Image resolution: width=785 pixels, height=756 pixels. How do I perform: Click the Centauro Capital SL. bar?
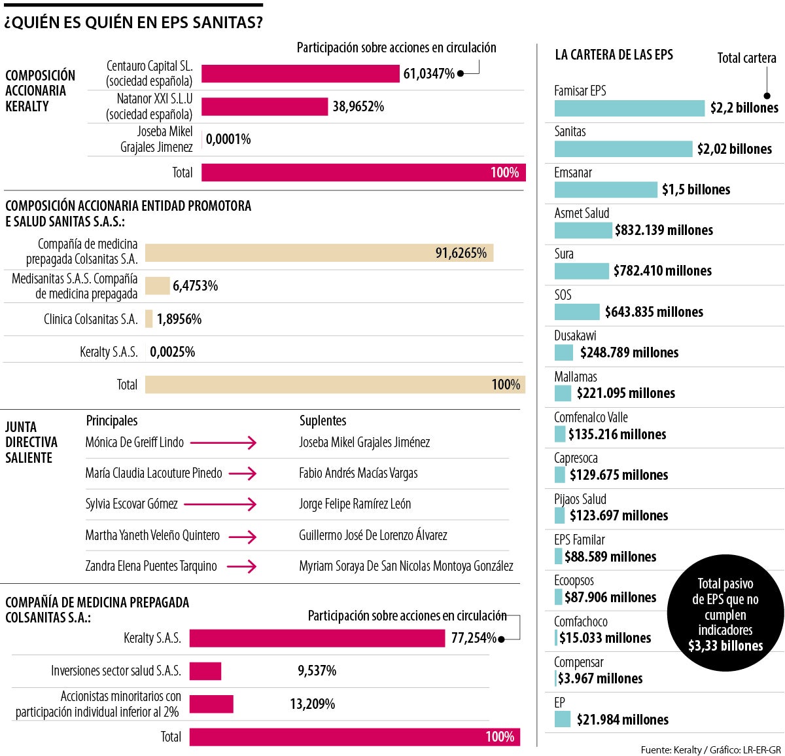pyautogui.click(x=300, y=74)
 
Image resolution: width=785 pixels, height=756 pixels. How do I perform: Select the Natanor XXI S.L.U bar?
pyautogui.click(x=264, y=107)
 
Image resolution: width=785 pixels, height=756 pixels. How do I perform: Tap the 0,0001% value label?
pyautogui.click(x=228, y=139)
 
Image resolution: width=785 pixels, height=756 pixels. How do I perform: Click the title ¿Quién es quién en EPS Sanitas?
pyautogui.click(x=133, y=23)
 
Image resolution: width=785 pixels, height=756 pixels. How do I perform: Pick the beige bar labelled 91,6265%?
pyautogui.click(x=319, y=253)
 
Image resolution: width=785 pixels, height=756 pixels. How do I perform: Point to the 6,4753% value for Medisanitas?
pyautogui.click(x=195, y=286)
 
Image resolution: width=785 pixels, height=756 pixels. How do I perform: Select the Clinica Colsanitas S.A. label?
pyautogui.click(x=90, y=319)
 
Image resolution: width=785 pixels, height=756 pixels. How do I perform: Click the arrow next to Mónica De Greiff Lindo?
pyautogui.click(x=232, y=443)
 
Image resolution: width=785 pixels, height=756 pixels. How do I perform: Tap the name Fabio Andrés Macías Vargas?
pyautogui.click(x=358, y=473)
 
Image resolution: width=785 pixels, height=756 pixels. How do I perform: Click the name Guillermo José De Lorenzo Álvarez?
pyautogui.click(x=373, y=535)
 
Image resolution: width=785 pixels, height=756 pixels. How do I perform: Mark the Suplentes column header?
pyautogui.click(x=323, y=421)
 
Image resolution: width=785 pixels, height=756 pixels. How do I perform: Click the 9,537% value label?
pyautogui.click(x=317, y=671)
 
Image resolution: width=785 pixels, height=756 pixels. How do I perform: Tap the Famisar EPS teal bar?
pyautogui.click(x=629, y=108)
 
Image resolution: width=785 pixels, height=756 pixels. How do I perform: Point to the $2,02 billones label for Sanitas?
pyautogui.click(x=734, y=149)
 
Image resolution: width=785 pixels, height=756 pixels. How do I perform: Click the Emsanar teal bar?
pyautogui.click(x=606, y=190)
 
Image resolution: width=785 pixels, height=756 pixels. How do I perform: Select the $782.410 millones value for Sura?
pyautogui.click(x=662, y=271)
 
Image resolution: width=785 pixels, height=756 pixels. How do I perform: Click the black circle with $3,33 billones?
pyautogui.click(x=725, y=613)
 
